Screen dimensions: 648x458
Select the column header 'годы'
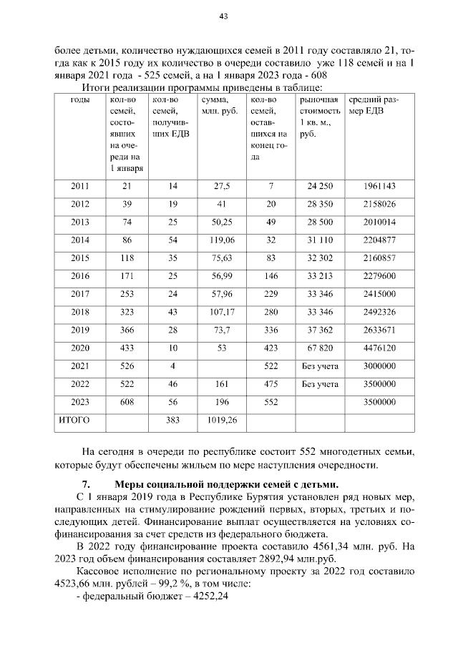[x=81, y=99]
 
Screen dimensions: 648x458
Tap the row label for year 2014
[x=81, y=240]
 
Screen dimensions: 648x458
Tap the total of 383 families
[x=172, y=420]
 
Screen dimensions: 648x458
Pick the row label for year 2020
[x=81, y=348]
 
